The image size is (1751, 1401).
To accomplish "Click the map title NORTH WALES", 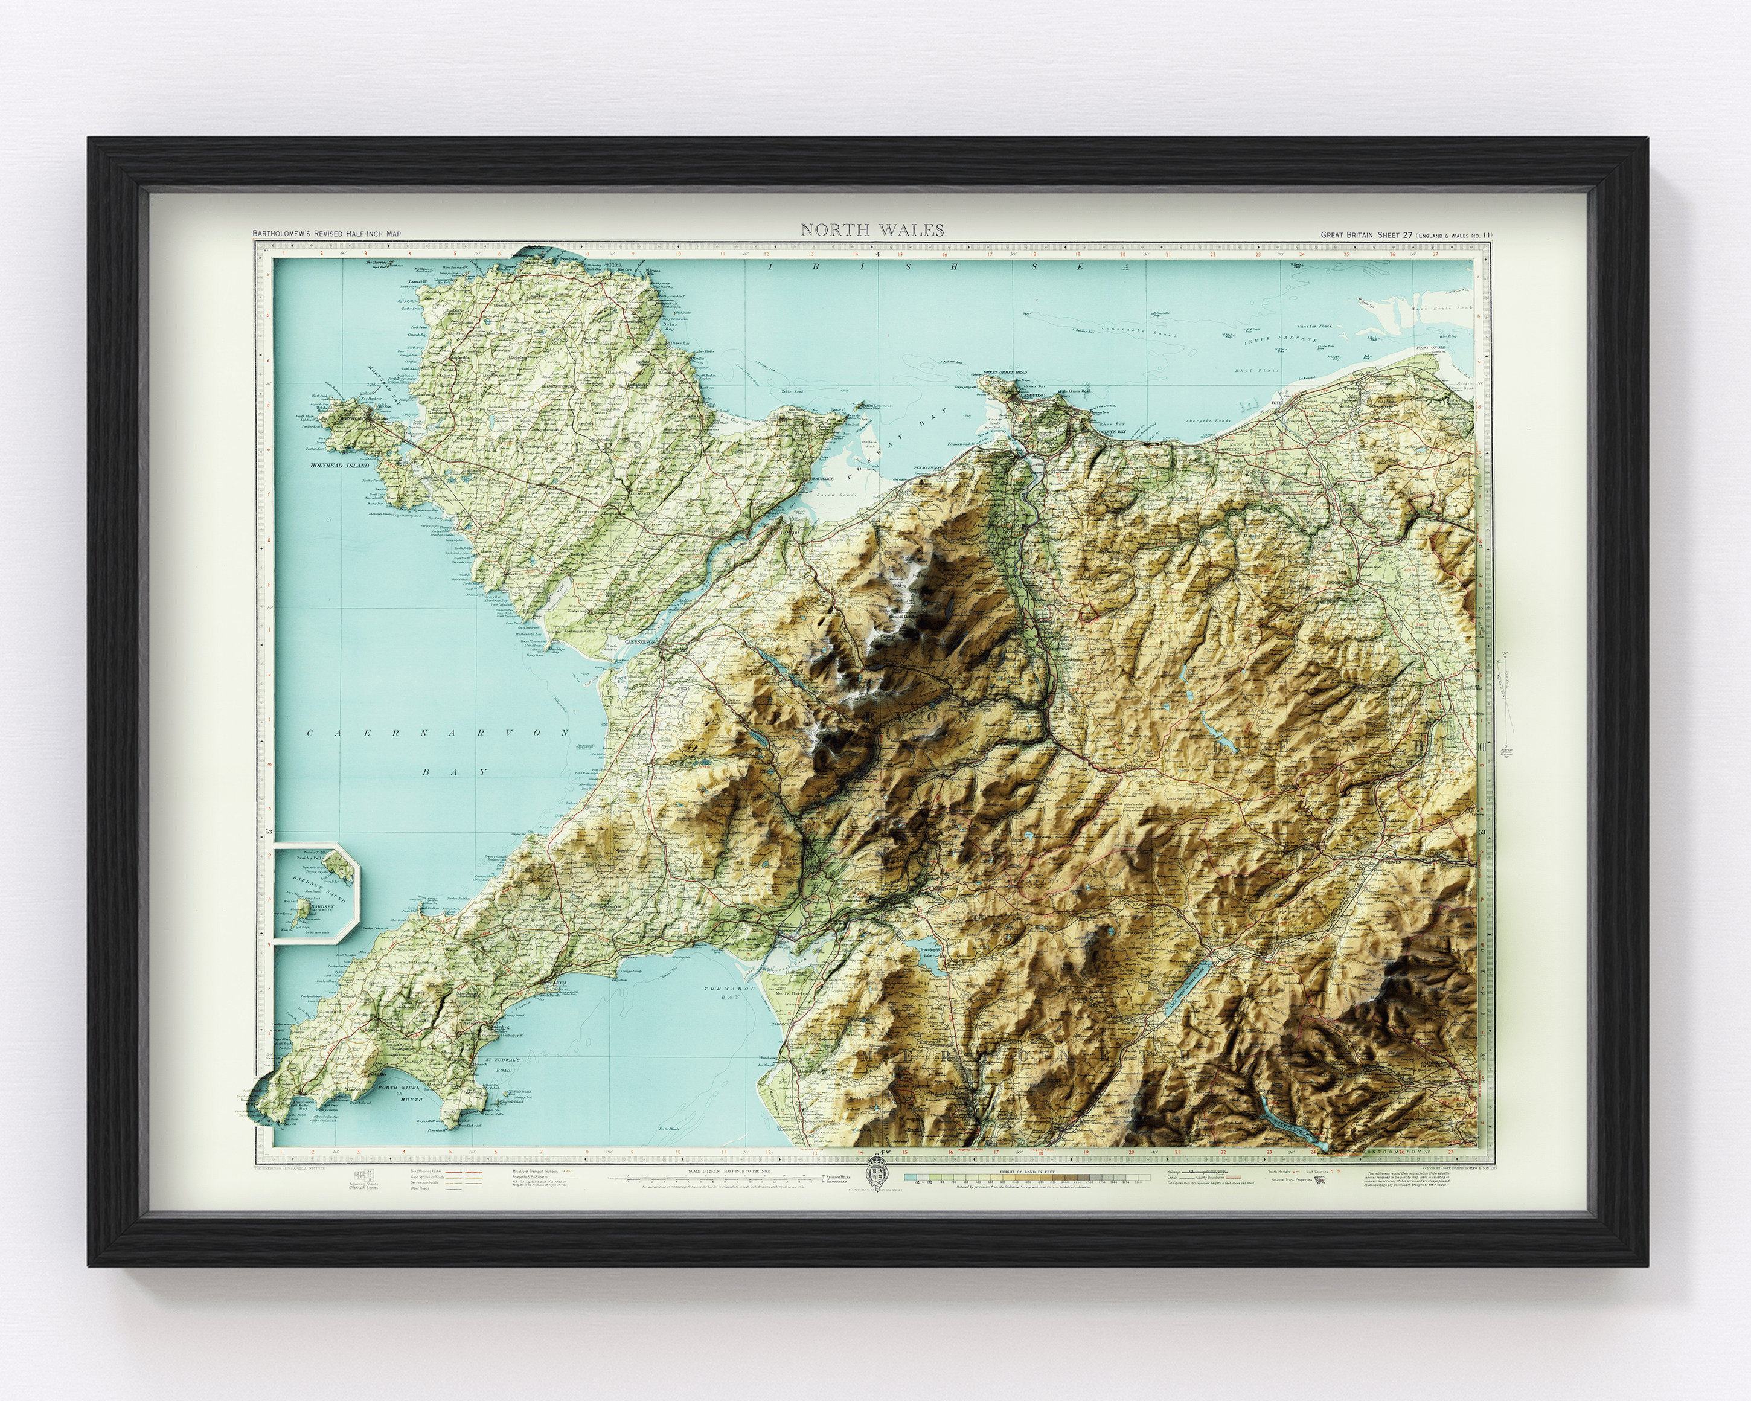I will pos(872,230).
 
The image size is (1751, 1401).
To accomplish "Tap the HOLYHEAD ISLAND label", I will pos(339,466).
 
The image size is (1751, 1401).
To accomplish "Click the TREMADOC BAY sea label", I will pos(721,991).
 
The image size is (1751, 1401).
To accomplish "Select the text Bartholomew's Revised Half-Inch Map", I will pos(327,234).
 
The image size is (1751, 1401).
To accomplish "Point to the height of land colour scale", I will pos(1028,1178).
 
